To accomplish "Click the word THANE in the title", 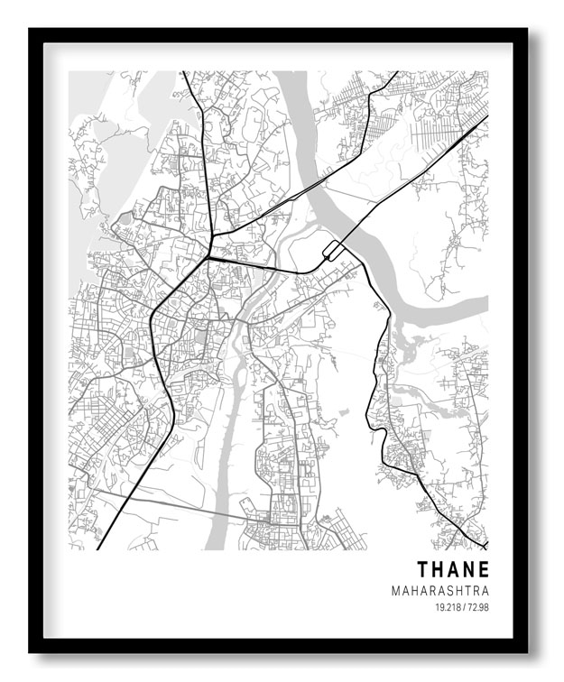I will [x=453, y=570].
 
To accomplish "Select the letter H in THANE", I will [x=439, y=570].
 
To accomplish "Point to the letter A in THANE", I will [x=454, y=570].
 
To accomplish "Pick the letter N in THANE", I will [x=469, y=570].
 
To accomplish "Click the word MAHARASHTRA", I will [x=440, y=591].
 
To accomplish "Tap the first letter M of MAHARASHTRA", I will [x=396, y=591].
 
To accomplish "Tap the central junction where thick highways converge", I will [x=208, y=257].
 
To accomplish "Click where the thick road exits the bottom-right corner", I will [x=485, y=547].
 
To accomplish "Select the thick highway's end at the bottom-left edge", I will [x=97, y=548].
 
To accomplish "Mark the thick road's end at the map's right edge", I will [x=486, y=116].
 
